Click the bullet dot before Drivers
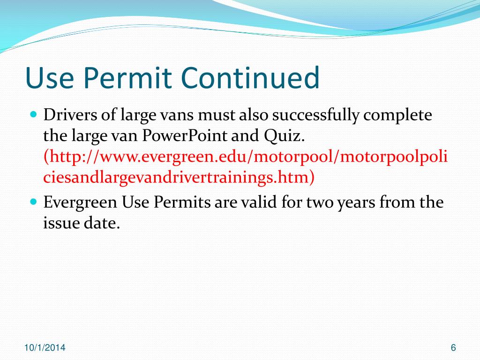(x=33, y=114)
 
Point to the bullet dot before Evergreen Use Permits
(x=33, y=202)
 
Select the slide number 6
(x=453, y=347)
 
